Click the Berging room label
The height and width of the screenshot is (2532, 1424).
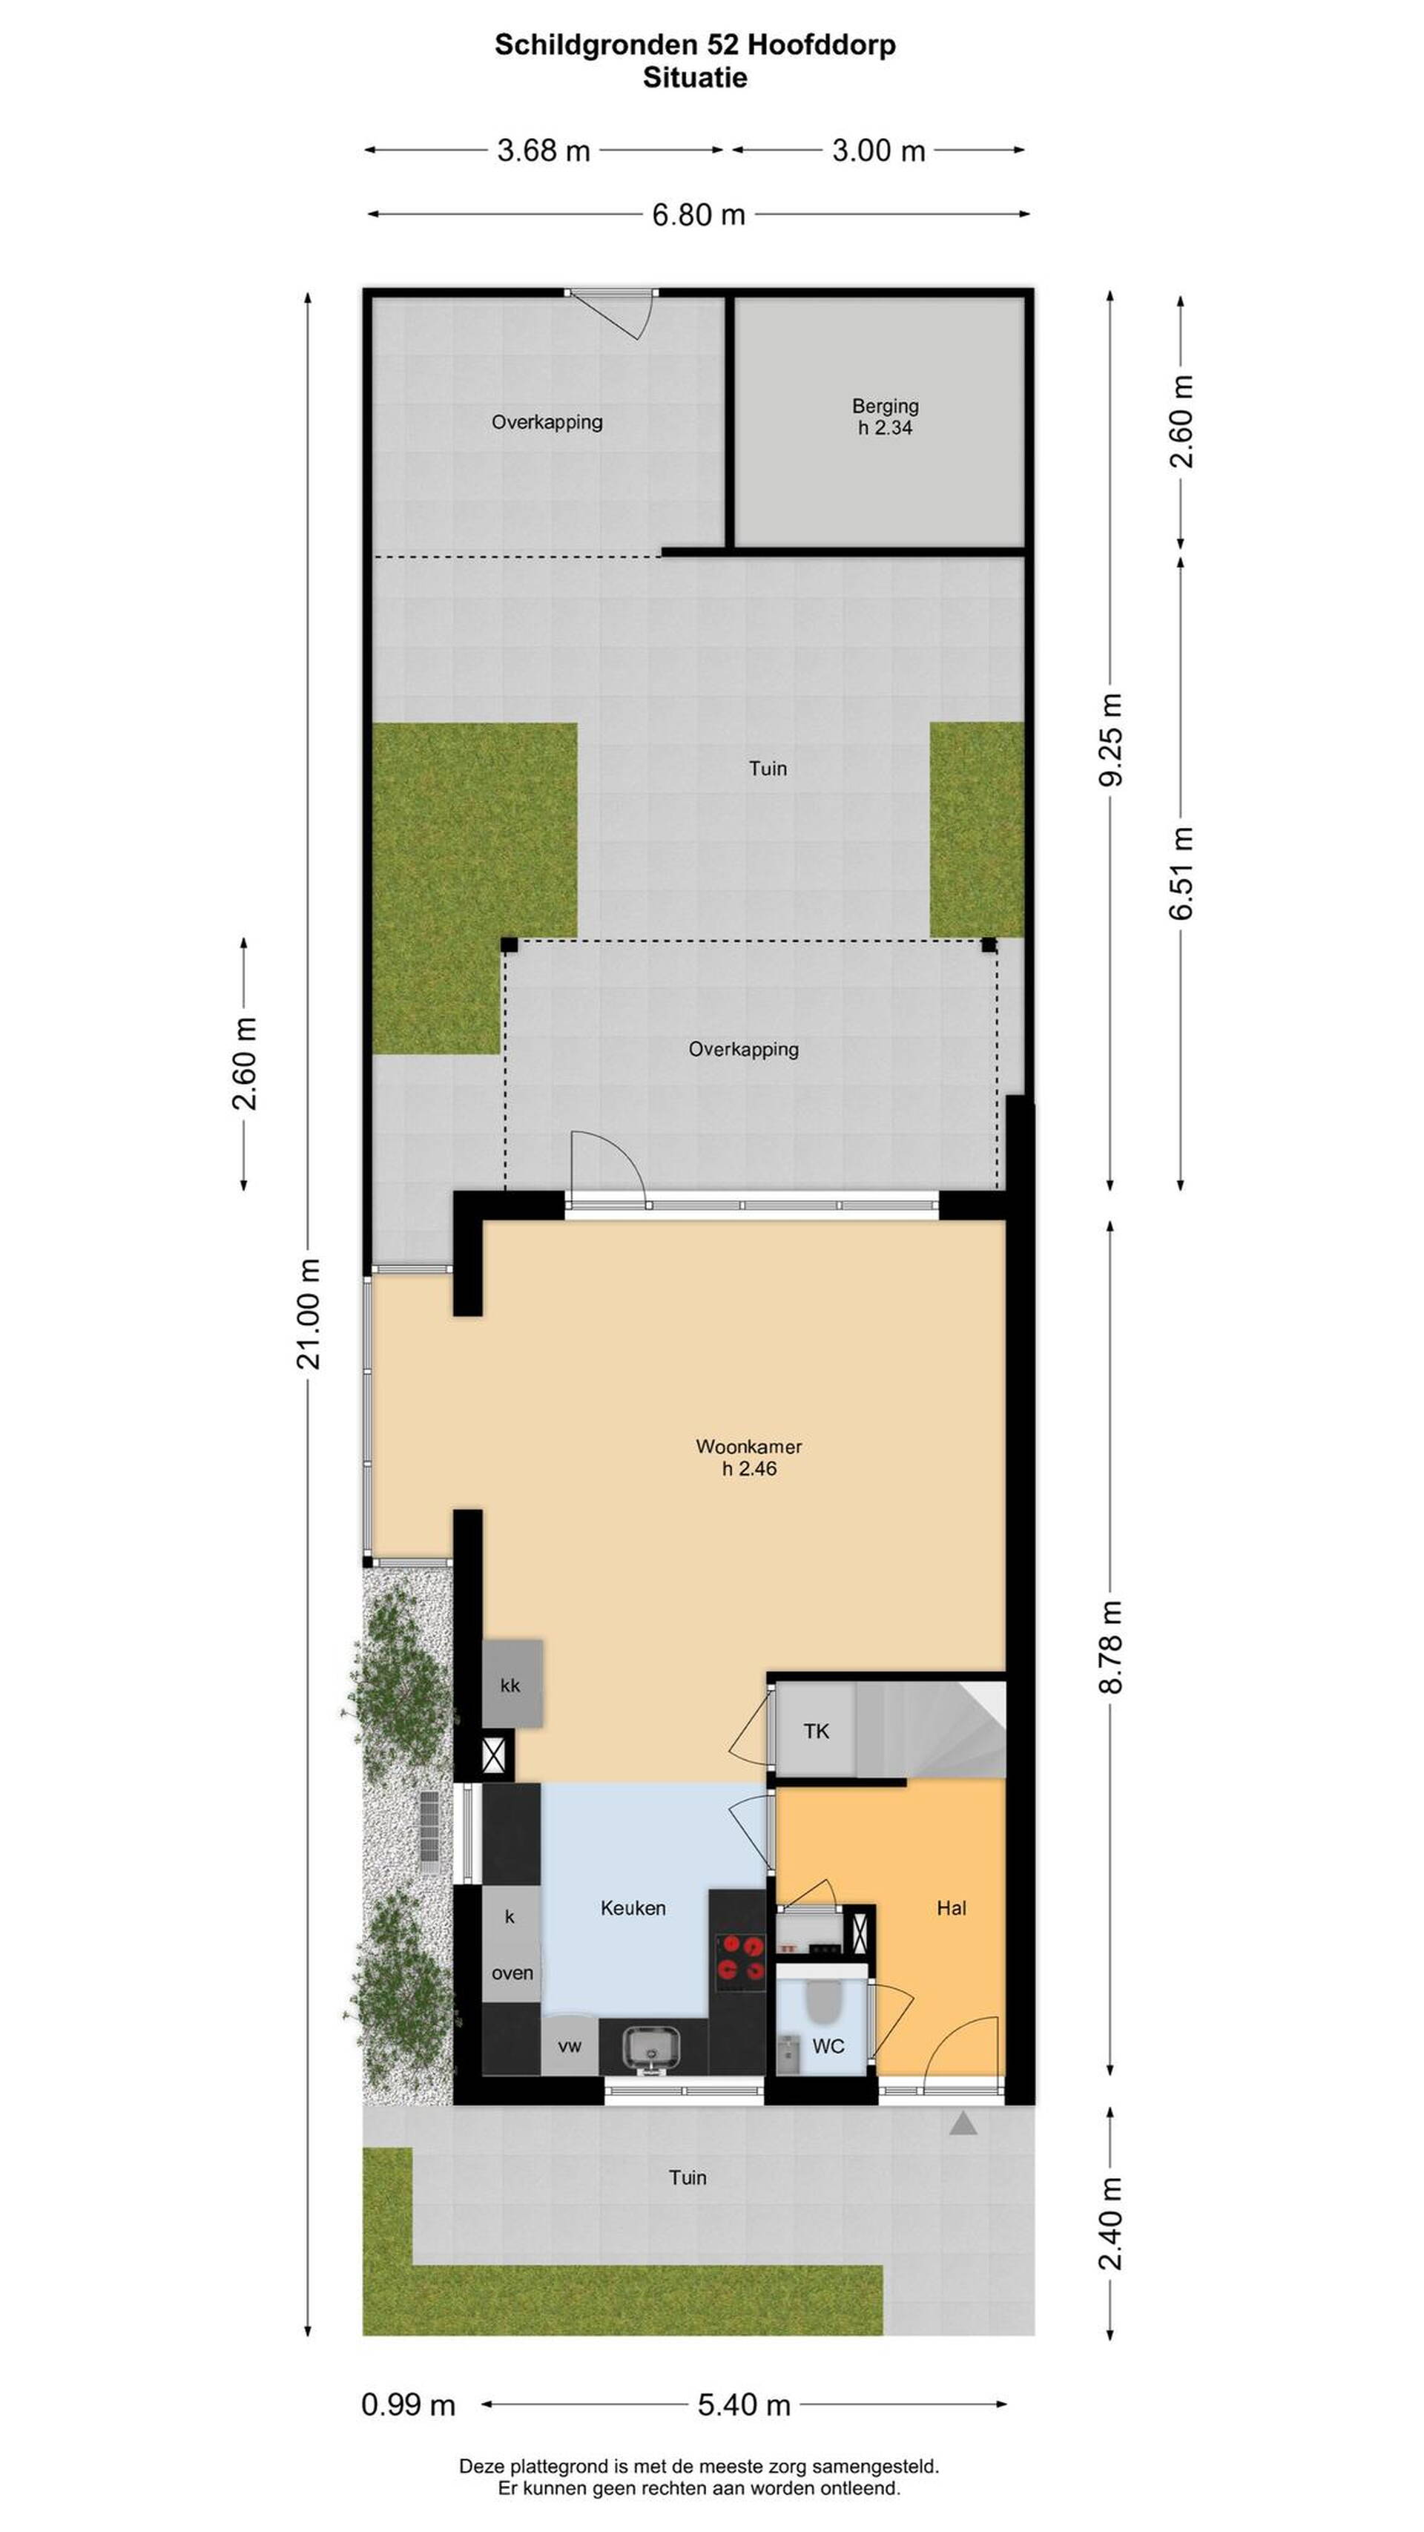point(885,405)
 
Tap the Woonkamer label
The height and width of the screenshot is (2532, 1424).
point(749,1446)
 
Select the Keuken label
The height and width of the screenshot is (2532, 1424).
point(633,1907)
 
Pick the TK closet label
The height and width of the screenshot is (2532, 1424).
point(816,1730)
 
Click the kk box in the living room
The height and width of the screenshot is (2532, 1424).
point(512,1684)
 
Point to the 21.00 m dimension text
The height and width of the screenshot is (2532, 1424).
point(309,1313)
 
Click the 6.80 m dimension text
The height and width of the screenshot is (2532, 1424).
point(699,214)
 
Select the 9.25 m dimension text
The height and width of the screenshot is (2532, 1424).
point(1110,739)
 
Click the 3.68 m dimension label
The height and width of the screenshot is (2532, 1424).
point(544,151)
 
